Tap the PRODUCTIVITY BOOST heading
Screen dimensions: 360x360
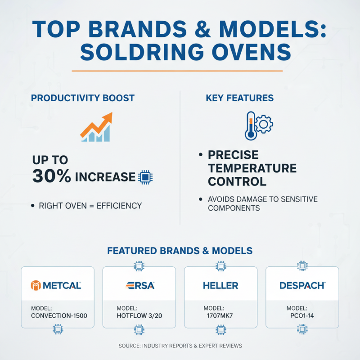82,98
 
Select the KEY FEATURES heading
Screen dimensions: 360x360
239,98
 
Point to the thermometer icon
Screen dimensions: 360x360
250,126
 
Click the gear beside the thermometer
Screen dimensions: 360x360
264,123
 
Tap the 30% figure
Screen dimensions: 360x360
51,176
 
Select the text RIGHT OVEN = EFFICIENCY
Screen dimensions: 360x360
90,206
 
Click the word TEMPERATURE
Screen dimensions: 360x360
252,168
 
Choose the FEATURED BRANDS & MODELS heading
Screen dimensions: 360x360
180,251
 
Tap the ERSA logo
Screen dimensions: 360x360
139,285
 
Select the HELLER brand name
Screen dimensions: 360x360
220,285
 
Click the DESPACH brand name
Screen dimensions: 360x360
302,285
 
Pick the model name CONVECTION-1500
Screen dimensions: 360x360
59,315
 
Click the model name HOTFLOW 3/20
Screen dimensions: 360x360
139,315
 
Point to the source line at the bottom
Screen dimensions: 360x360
180,346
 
